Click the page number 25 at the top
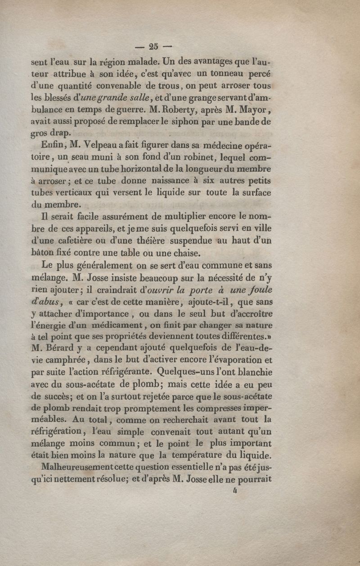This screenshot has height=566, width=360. (153, 45)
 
